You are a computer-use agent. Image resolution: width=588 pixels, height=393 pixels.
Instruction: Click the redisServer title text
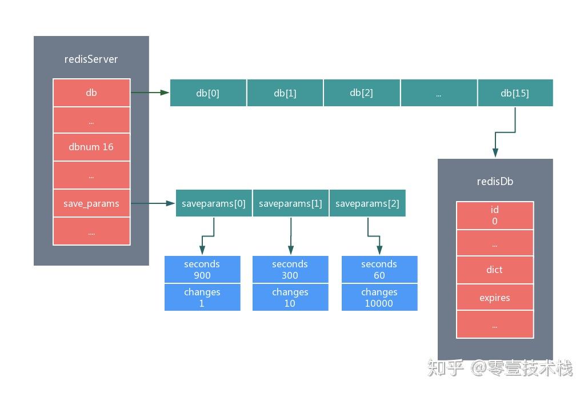click(91, 59)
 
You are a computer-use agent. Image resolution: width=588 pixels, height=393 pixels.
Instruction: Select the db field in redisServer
click(91, 93)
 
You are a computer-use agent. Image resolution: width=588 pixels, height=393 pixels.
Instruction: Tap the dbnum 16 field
click(91, 147)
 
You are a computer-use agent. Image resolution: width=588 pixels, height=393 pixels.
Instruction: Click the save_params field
click(91, 203)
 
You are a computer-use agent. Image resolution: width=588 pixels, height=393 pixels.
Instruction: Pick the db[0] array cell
click(208, 93)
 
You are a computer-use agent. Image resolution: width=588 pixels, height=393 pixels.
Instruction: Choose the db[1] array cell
click(285, 93)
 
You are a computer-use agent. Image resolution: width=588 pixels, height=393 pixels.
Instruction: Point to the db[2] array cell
click(362, 93)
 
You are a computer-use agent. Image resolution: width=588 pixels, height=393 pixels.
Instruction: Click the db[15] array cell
click(515, 93)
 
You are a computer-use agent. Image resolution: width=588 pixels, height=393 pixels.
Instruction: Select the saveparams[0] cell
click(214, 203)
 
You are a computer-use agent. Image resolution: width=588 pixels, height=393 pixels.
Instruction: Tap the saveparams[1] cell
click(290, 203)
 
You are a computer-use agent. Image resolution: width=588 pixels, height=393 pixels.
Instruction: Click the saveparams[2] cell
click(367, 203)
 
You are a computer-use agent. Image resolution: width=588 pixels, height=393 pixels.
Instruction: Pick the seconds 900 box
click(202, 270)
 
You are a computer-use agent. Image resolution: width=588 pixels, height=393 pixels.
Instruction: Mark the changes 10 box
click(290, 298)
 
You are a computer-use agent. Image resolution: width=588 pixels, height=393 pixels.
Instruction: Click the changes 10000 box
click(379, 298)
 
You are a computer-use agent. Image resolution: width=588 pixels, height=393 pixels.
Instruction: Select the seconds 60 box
click(379, 270)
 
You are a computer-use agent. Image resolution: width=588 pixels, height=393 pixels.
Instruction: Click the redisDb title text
click(495, 182)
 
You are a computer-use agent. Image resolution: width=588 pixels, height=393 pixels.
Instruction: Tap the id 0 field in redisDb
click(495, 215)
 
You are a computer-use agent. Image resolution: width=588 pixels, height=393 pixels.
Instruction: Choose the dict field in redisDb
click(495, 270)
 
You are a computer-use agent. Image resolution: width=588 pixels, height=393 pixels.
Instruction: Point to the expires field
click(495, 298)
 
